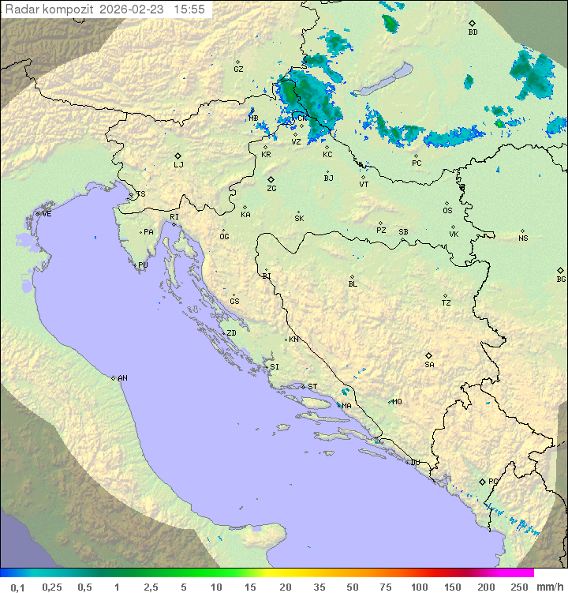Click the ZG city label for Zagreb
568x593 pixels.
point(271,189)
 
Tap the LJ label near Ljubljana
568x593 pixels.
point(178,165)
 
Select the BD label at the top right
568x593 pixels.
point(473,32)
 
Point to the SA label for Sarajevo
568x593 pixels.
point(429,365)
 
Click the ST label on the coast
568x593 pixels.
point(312,387)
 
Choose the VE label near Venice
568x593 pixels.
point(47,214)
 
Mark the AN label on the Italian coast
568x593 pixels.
point(122,378)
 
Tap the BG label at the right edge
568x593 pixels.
point(561,280)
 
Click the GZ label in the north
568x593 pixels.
point(238,69)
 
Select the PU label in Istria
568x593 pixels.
point(143,265)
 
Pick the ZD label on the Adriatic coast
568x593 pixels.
point(231,333)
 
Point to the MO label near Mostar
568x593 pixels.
point(397,402)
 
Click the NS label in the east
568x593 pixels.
point(523,238)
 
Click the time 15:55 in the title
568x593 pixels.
point(190,9)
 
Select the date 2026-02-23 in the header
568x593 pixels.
point(133,9)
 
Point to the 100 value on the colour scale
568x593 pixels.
point(419,587)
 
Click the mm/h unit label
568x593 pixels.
point(547,587)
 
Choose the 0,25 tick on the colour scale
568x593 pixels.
point(52,587)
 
